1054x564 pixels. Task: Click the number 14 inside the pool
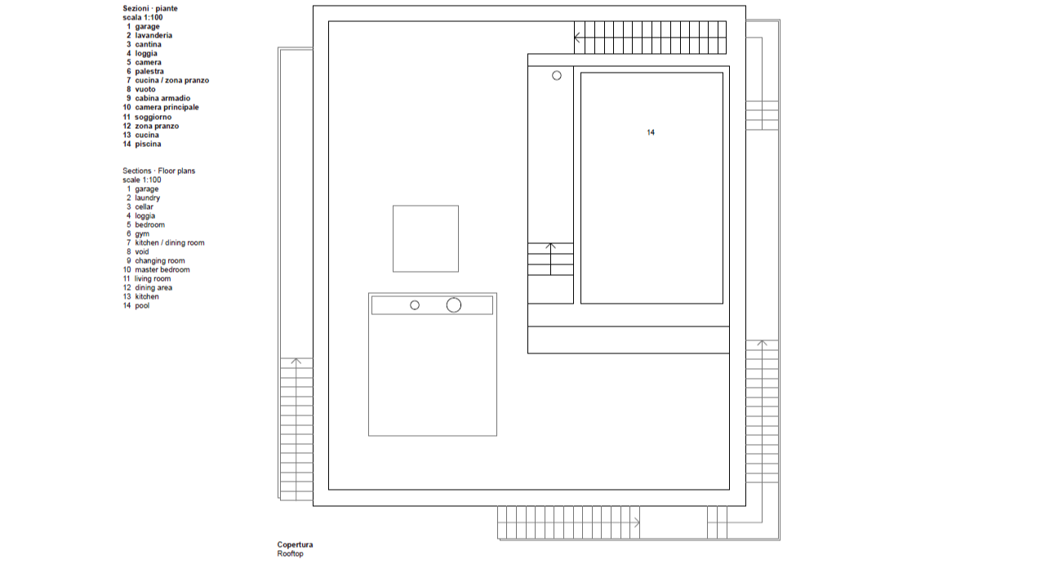click(x=651, y=133)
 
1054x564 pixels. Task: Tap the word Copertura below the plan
click(x=295, y=544)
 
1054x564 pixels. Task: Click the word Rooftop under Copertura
click(x=291, y=553)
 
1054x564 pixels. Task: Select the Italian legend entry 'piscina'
click(x=148, y=144)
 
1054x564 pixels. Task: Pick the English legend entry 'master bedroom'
click(x=162, y=269)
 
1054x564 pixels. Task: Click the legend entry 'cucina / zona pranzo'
click(x=171, y=81)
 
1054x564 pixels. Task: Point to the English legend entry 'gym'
click(x=142, y=233)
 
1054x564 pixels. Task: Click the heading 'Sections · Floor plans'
click(x=158, y=171)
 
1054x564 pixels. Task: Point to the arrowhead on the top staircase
click(x=576, y=38)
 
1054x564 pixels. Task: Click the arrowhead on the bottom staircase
click(x=637, y=522)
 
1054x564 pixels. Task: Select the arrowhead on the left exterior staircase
click(x=296, y=361)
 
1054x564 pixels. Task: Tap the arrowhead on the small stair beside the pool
click(x=550, y=246)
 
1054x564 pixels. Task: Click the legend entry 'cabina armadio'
click(x=162, y=98)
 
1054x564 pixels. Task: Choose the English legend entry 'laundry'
click(x=147, y=198)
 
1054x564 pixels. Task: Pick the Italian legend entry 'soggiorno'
click(x=153, y=118)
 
